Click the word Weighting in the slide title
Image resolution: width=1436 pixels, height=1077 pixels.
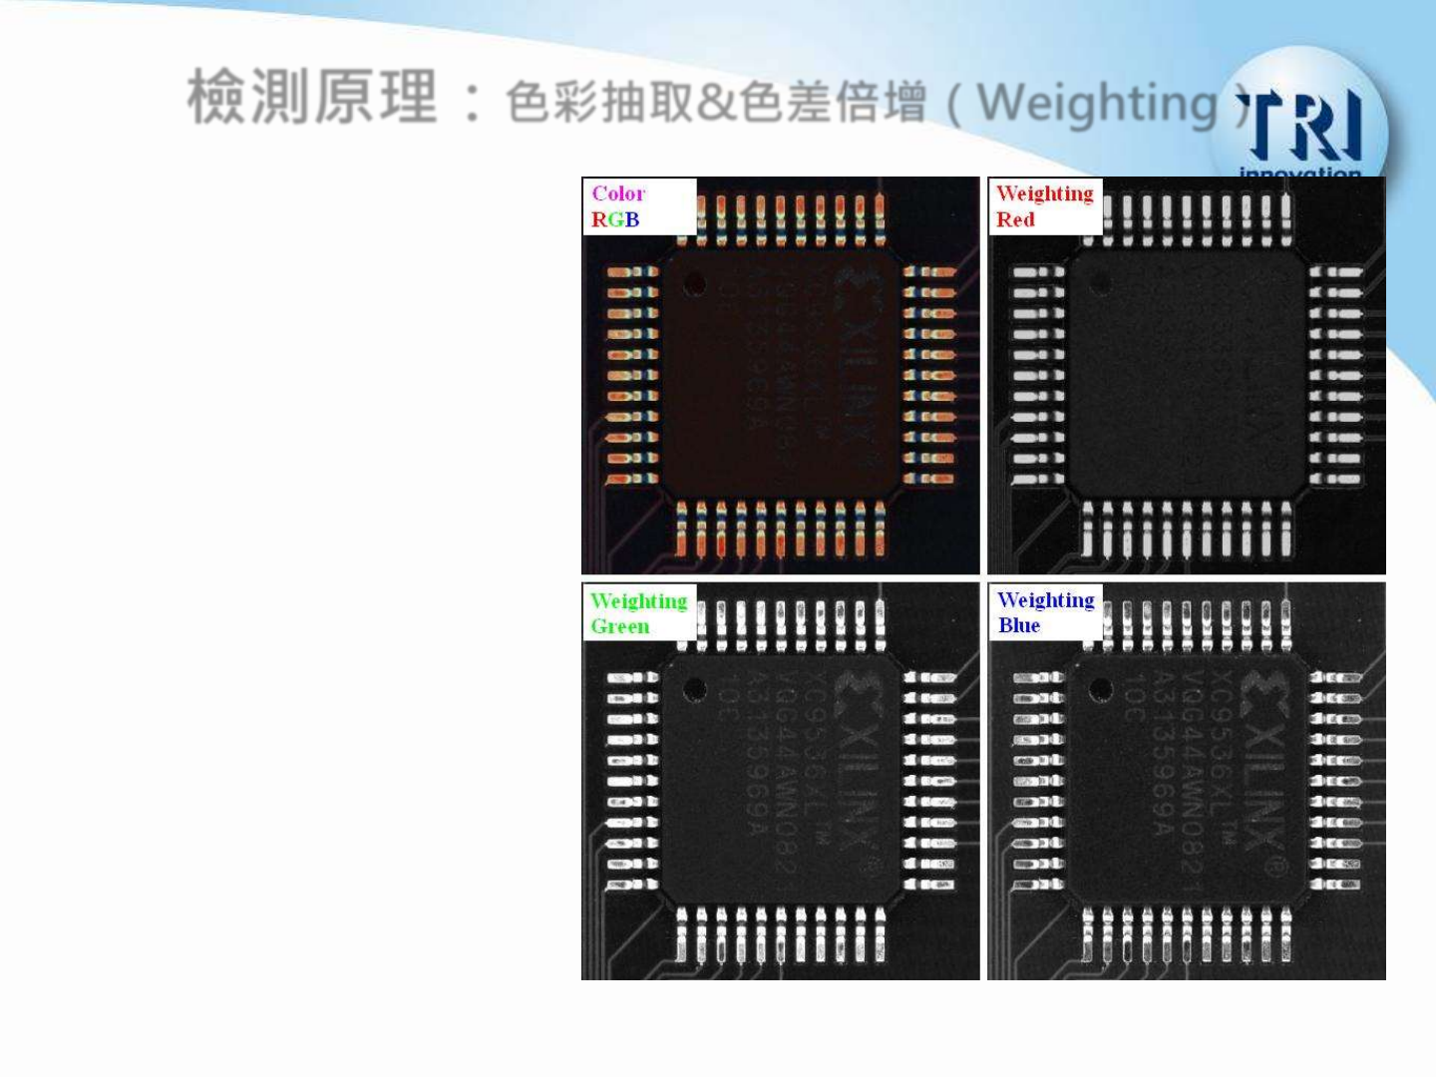pos(1097,104)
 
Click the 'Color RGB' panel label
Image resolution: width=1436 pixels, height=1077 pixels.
pos(618,206)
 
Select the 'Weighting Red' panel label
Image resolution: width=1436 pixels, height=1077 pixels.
pos(1043,206)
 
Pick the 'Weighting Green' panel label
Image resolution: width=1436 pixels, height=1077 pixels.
pos(638,613)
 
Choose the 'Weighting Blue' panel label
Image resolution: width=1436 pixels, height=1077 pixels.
pos(1044,612)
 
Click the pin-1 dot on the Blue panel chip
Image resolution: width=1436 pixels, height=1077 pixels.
pos(1101,689)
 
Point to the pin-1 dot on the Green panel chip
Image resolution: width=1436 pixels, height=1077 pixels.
pos(695,689)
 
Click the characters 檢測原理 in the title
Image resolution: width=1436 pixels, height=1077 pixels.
pos(312,98)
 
